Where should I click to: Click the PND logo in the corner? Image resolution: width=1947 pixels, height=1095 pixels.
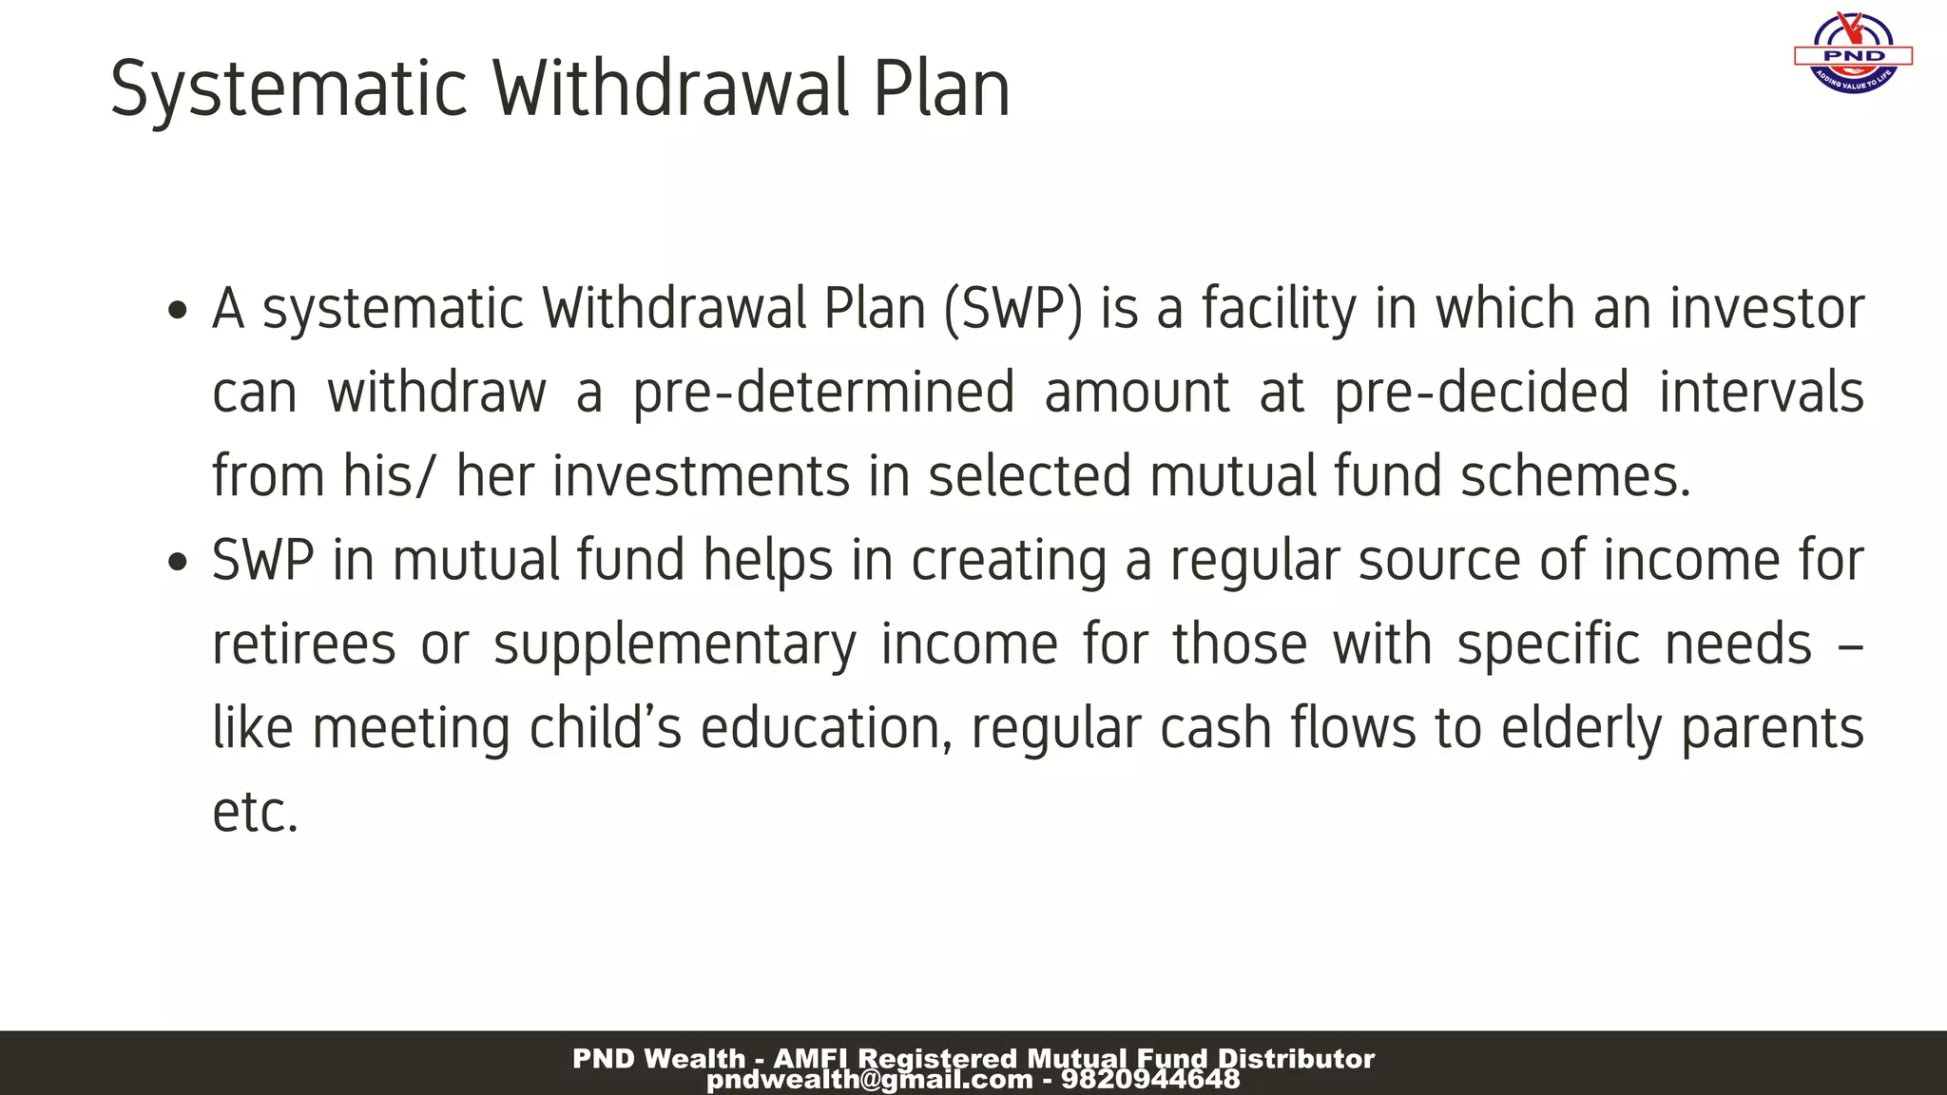(1853, 54)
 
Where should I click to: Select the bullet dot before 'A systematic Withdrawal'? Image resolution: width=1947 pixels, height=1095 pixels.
(177, 311)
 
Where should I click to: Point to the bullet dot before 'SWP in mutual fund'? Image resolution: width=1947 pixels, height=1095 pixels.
(177, 562)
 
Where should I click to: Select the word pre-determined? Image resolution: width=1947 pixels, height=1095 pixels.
(823, 394)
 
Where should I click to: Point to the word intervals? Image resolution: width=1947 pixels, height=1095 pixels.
(1761, 392)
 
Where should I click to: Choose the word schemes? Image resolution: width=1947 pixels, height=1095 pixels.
(1575, 476)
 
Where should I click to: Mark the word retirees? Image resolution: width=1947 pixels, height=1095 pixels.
(303, 644)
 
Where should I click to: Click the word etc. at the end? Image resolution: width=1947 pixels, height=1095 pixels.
(255, 814)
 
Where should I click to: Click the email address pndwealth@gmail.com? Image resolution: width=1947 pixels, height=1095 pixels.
(869, 1080)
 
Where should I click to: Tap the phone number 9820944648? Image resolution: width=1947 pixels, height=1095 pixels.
(1150, 1080)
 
